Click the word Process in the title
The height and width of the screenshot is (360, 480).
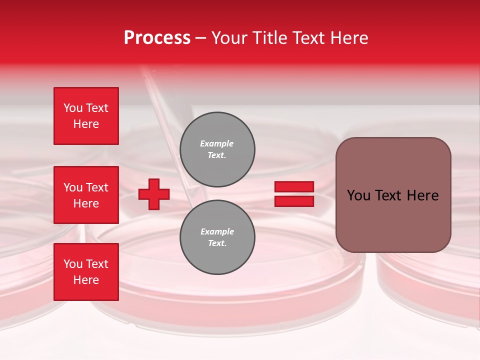click(157, 37)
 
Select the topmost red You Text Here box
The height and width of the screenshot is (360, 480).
click(86, 116)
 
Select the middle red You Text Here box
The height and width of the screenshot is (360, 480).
click(86, 195)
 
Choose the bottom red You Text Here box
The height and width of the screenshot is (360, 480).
click(86, 272)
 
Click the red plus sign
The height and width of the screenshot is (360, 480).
click(154, 194)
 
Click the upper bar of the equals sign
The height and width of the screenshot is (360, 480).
click(294, 186)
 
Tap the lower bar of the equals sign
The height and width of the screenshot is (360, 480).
click(294, 201)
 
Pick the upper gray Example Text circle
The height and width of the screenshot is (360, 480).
click(217, 149)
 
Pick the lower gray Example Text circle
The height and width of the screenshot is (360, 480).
click(217, 237)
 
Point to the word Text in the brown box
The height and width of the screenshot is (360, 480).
click(392, 195)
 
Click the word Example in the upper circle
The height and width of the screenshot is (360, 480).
click(217, 143)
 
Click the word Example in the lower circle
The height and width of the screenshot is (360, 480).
click(217, 231)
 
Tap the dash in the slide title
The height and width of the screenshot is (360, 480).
click(201, 38)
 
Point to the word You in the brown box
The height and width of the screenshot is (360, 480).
click(358, 195)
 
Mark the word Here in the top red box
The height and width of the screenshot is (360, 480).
click(86, 124)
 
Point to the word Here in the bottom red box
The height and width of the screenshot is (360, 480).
click(86, 280)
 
